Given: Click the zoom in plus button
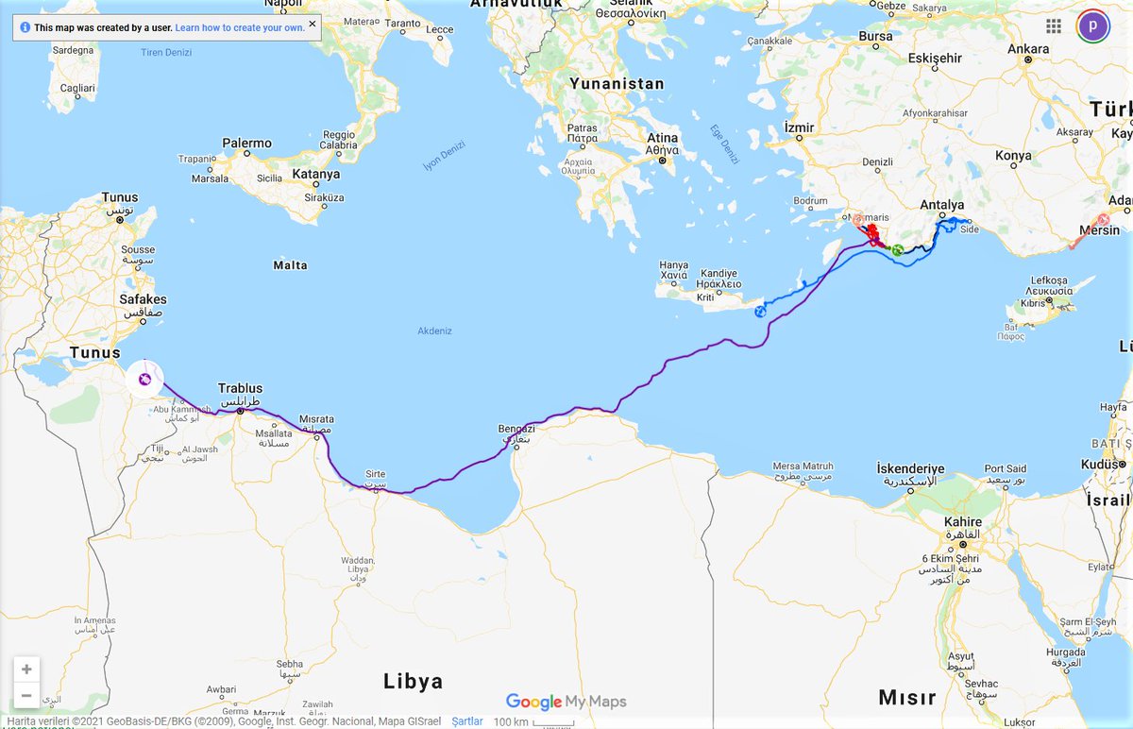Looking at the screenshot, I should [26, 670].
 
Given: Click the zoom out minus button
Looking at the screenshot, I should [26, 696].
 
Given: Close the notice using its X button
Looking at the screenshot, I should [313, 24].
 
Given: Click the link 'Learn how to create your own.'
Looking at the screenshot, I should [240, 28].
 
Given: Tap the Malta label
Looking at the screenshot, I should [290, 265].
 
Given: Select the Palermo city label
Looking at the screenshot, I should [246, 144].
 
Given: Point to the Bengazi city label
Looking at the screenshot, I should [516, 430].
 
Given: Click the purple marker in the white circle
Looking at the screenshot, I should [144, 380].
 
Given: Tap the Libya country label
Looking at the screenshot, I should [413, 681].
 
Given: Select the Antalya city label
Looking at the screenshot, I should [941, 205].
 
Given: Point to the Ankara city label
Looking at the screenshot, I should [1028, 49].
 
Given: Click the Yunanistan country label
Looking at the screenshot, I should [617, 84].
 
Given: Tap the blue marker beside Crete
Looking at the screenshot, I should [760, 312].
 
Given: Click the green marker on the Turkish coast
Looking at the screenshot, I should [897, 250].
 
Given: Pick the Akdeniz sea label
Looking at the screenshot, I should [434, 331].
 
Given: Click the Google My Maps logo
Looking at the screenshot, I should [566, 702].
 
